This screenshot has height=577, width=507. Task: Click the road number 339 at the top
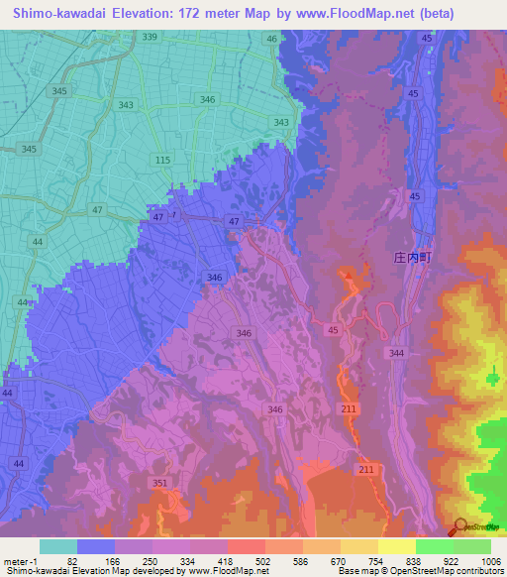click(150, 37)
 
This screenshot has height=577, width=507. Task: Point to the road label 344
click(397, 353)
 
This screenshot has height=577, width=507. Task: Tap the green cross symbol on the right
click(493, 376)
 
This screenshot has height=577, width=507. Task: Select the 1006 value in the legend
click(478, 560)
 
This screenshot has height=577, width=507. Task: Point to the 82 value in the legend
click(71, 560)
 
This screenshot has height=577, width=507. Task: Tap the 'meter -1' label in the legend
click(21, 560)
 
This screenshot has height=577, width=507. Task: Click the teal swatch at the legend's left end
click(57, 546)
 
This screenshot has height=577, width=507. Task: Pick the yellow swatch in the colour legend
click(397, 546)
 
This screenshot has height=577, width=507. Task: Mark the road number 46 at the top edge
click(271, 38)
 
